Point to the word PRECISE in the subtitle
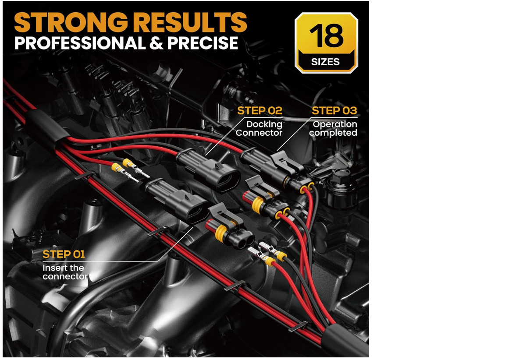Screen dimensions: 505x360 [x=203, y=43]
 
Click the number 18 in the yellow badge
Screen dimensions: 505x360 [x=326, y=36]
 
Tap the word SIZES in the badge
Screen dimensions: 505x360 [x=325, y=61]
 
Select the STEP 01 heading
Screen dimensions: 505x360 [x=64, y=254]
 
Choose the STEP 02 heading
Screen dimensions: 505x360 [x=260, y=111]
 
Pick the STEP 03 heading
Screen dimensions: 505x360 [x=334, y=111]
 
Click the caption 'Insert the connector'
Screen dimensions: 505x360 [x=65, y=272]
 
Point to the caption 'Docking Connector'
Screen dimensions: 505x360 [x=259, y=128]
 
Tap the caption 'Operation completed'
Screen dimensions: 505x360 [x=333, y=128]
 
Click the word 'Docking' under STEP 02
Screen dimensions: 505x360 [x=264, y=124]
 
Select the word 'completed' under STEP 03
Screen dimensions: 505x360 [x=333, y=133]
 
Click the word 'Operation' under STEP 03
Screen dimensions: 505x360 [x=335, y=124]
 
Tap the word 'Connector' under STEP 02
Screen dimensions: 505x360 [x=259, y=133]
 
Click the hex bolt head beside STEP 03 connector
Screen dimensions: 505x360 [x=341, y=176]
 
